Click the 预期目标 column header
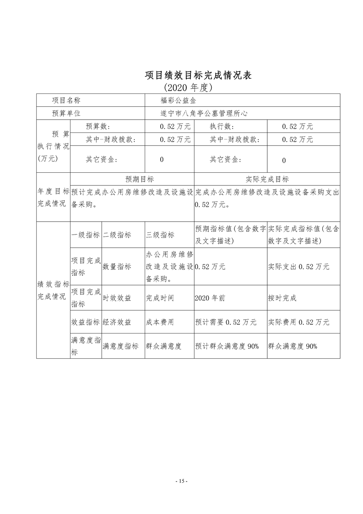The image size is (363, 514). click(132, 180)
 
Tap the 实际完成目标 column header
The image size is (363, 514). click(267, 180)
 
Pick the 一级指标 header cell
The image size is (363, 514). click(86, 235)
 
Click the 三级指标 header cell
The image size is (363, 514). click(160, 235)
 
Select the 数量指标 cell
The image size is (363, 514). click(117, 267)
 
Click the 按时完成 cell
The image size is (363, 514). click(282, 298)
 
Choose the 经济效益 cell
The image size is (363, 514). click(117, 322)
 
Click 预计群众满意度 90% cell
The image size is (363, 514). click(227, 346)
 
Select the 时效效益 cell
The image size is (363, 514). click(117, 298)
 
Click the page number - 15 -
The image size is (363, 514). click(182, 481)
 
